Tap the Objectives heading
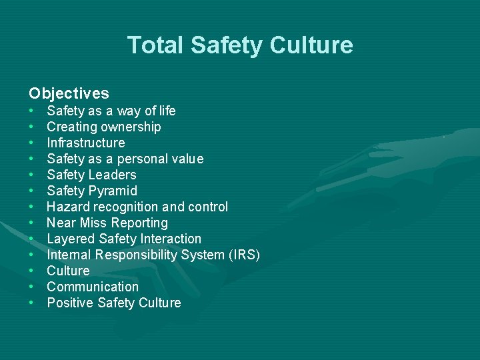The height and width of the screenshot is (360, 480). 69,93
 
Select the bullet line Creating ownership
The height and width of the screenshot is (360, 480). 103,127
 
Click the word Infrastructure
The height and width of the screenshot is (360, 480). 85,143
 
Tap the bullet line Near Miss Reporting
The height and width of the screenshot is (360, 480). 107,223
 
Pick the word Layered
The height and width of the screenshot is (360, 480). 70,239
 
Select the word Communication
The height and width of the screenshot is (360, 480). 93,287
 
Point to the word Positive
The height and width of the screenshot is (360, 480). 70,303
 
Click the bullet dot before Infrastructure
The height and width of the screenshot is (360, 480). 32,143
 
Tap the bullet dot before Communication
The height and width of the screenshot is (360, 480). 32,287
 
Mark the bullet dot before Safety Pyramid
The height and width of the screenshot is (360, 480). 32,191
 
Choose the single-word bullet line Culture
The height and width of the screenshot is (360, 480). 68,271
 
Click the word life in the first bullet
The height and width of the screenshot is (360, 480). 165,111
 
